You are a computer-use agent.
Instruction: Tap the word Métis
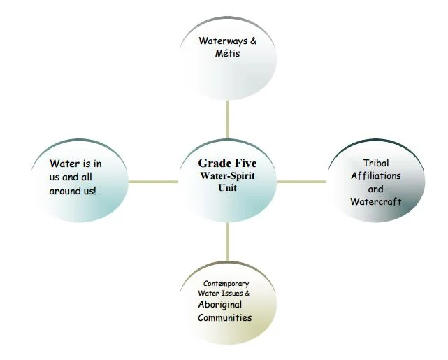pos(227,53)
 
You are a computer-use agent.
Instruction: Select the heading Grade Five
pos(227,163)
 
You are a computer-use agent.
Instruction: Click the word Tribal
pos(376,163)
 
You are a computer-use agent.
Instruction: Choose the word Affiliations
pos(376,175)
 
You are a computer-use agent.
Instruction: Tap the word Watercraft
pos(376,202)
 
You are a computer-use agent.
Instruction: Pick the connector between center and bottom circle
pos(227,241)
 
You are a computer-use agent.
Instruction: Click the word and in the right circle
pos(376,189)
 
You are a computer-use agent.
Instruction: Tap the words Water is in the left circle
pos(68,164)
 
